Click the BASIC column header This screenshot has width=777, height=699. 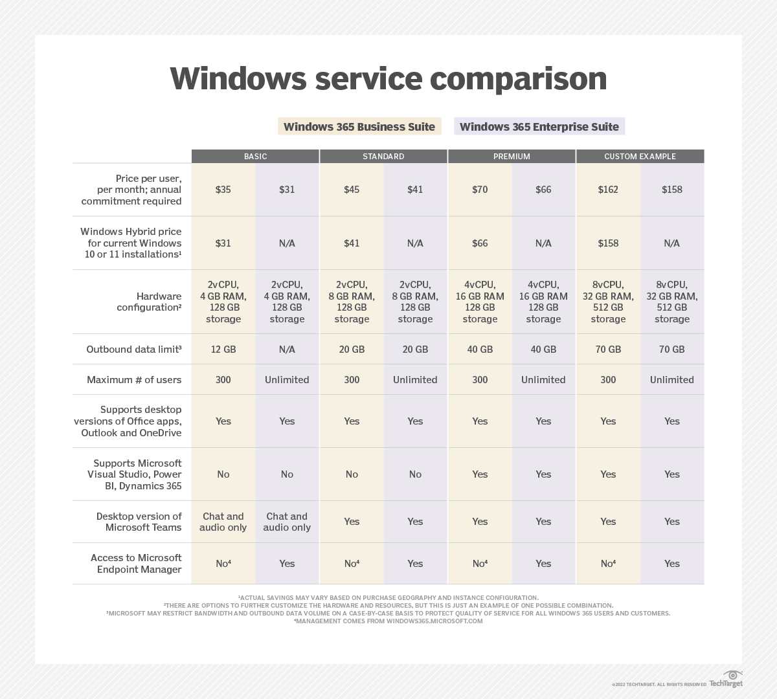(255, 157)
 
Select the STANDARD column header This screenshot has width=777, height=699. (383, 157)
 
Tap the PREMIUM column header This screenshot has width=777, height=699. (512, 157)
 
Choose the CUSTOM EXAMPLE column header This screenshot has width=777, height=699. (640, 157)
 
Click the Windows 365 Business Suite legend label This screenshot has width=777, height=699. (359, 126)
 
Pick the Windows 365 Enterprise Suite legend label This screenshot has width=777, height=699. (539, 126)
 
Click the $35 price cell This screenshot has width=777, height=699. (223, 190)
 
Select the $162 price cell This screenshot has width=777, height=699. (608, 190)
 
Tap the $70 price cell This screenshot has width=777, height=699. (480, 190)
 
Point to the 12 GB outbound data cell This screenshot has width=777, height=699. (223, 349)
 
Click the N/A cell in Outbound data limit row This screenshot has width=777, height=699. (287, 349)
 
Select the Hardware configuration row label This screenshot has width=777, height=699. (149, 302)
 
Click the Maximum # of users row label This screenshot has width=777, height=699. (134, 380)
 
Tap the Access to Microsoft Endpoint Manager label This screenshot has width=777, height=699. (136, 564)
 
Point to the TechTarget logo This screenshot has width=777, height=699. (726, 680)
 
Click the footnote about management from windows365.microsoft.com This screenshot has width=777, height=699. (388, 621)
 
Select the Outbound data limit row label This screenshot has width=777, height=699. (133, 349)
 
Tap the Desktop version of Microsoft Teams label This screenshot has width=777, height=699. (139, 522)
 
